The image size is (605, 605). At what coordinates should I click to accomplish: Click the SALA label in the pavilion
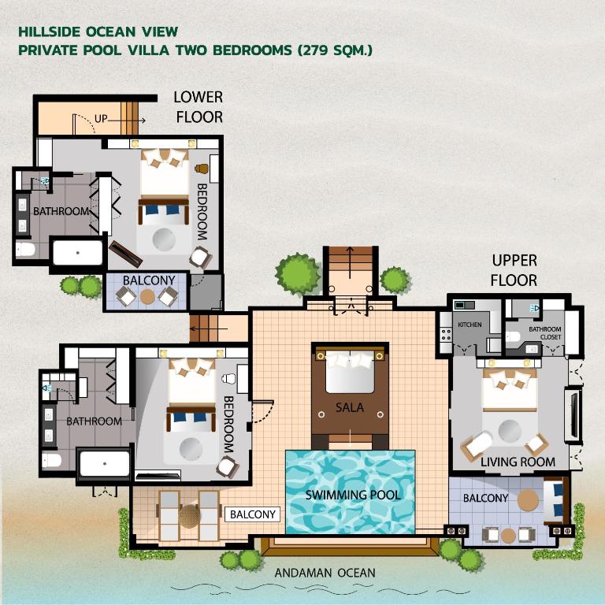[349, 407]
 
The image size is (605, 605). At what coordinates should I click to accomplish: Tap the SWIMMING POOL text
[353, 495]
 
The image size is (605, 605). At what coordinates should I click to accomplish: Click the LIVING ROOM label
[518, 462]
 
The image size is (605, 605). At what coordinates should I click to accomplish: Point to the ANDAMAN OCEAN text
[325, 573]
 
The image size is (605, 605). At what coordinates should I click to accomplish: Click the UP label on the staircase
[101, 119]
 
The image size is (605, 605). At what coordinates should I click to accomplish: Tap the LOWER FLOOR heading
[199, 107]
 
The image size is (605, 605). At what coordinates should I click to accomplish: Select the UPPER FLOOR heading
[514, 269]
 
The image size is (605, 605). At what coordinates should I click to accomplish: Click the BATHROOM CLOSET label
[545, 333]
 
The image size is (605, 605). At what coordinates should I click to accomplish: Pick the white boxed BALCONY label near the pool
[253, 514]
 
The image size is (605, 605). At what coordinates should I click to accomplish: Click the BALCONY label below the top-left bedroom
[149, 280]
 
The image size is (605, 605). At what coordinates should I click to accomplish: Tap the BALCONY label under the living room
[485, 498]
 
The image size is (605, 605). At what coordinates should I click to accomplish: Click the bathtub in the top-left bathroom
[77, 253]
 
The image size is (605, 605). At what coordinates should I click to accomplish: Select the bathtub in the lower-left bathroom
[104, 464]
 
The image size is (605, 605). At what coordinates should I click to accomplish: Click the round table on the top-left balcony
[147, 296]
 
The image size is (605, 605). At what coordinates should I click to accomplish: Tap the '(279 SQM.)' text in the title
[335, 50]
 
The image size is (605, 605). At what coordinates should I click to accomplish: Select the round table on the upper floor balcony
[529, 499]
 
